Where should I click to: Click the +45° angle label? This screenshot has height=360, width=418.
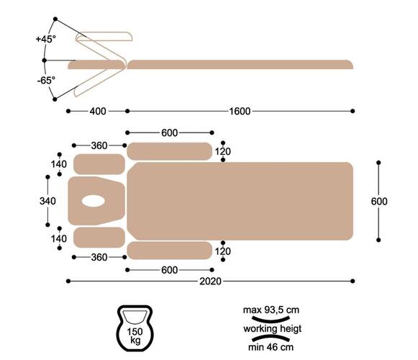tap(46, 39)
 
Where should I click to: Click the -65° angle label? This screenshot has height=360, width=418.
tap(46, 80)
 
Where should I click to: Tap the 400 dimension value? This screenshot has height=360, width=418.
tap(98, 111)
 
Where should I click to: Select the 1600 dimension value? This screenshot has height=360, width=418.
tap(240, 111)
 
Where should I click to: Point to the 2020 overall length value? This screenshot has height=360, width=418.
tap(210, 281)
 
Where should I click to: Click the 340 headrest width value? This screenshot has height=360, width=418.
tap(47, 201)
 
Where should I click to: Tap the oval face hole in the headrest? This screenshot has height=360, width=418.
tap(93, 201)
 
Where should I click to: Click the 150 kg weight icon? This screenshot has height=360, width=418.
tap(135, 328)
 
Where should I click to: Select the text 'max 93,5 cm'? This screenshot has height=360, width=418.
tap(271, 310)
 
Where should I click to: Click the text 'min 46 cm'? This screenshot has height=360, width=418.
tap(271, 347)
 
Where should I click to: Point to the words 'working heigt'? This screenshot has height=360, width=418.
tap(272, 328)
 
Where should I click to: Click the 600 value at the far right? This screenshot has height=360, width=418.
tap(379, 201)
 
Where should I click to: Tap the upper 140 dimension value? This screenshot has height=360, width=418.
tap(59, 164)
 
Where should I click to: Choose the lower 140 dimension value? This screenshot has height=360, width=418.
tap(59, 238)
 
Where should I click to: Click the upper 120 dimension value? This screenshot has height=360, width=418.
tap(223, 151)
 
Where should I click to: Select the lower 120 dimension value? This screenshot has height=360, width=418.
tap(223, 251)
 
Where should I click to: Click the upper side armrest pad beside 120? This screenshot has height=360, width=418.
tap(169, 151)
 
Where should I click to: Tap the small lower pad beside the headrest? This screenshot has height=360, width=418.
tap(99, 238)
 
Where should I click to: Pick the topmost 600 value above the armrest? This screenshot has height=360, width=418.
tap(170, 132)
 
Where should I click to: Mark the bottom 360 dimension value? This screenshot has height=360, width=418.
tap(99, 257)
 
